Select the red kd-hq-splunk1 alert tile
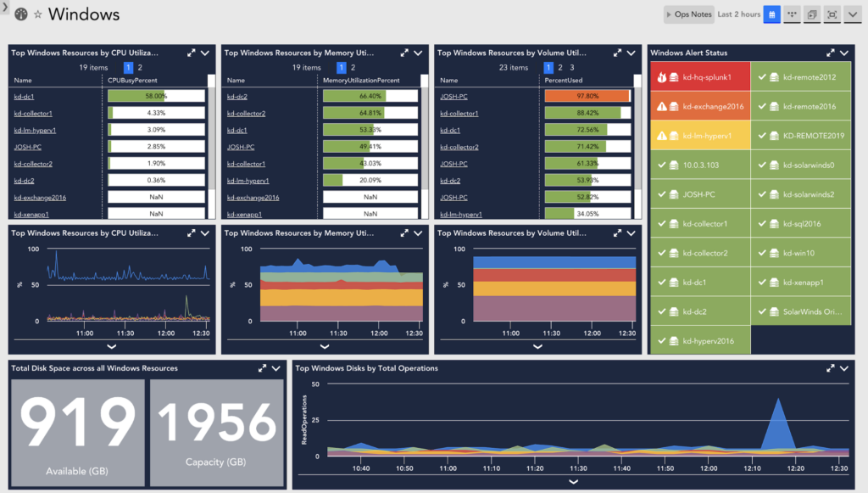pyautogui.click(x=699, y=77)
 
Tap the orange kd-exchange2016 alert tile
pyautogui.click(x=699, y=107)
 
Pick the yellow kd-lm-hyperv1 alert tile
pyautogui.click(x=699, y=136)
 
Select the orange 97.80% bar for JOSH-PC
pyautogui.click(x=587, y=96)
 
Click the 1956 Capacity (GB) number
pyautogui.click(x=217, y=423)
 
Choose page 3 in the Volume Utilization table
pyautogui.click(x=572, y=67)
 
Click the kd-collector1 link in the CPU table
pyautogui.click(x=33, y=113)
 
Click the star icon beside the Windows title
pyautogui.click(x=37, y=15)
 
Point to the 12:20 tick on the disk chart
pyautogui.click(x=795, y=468)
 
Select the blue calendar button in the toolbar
pyautogui.click(x=772, y=14)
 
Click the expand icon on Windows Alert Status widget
pyautogui.click(x=831, y=53)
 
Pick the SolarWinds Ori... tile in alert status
pyautogui.click(x=801, y=311)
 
